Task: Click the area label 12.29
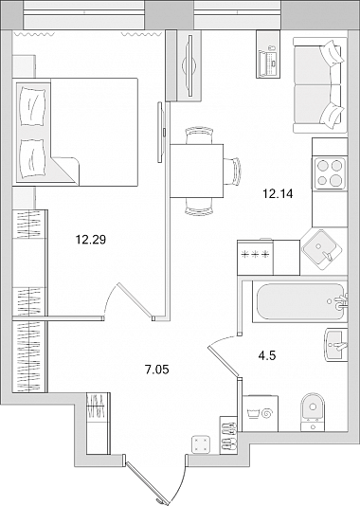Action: [91, 240]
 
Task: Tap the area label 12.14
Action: [278, 194]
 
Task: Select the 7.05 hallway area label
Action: [157, 370]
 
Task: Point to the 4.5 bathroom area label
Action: [267, 356]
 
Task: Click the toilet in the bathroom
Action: [313, 412]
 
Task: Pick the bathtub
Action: [299, 301]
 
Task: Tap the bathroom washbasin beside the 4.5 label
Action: [335, 345]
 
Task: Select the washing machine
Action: [260, 413]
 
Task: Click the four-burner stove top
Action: [330, 173]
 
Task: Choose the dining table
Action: [197, 171]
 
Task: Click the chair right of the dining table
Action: [232, 171]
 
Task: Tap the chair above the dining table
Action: [199, 136]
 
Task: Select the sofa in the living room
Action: [317, 85]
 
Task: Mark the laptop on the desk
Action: [269, 62]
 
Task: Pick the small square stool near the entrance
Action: [201, 444]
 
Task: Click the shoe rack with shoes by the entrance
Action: [228, 435]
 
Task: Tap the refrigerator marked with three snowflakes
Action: [255, 258]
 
